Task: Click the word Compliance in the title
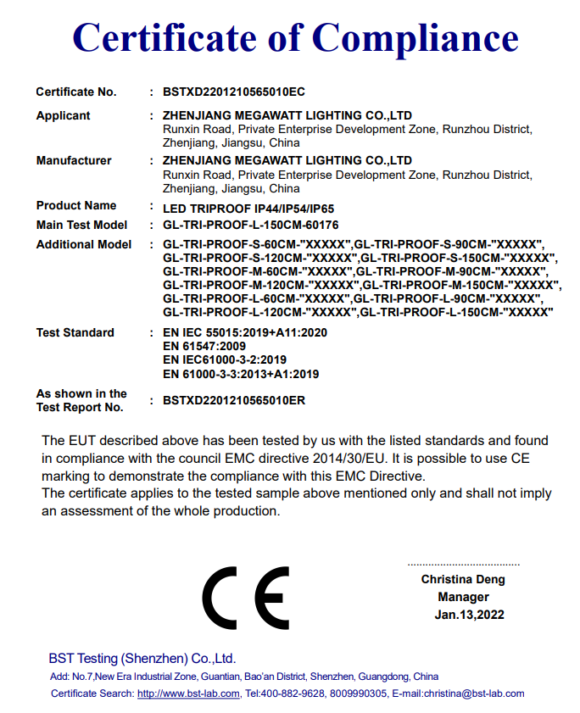415,38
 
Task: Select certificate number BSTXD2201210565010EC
233,92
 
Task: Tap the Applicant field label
63,115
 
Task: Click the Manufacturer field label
74,160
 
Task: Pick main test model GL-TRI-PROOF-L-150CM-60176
250,226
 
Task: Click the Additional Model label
84,244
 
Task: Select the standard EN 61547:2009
204,346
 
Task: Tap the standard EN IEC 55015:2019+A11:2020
244,332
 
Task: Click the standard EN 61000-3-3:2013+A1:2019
241,373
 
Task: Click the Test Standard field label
75,332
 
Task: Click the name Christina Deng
463,580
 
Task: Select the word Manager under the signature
463,597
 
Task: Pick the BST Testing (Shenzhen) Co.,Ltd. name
142,659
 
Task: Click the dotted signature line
463,565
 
